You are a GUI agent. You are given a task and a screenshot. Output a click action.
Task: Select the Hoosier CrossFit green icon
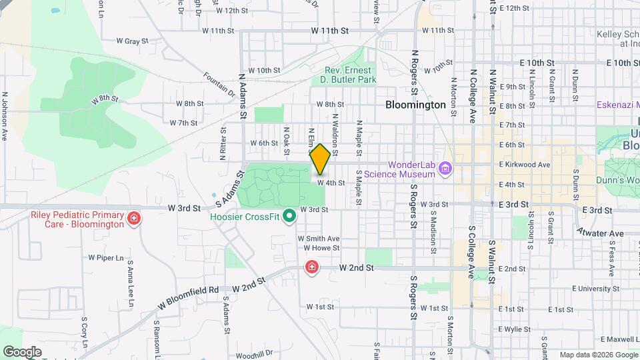289,216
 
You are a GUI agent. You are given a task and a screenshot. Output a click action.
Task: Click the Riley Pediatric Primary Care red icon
134,218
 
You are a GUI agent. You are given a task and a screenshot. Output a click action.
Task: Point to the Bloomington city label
415,105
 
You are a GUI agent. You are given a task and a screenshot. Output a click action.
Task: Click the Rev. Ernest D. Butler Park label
351,75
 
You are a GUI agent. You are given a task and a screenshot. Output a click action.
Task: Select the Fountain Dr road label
221,84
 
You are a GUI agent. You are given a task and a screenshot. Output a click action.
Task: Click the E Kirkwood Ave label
524,164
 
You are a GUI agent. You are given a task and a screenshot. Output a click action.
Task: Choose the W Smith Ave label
318,238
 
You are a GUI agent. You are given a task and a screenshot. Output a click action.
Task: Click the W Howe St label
317,248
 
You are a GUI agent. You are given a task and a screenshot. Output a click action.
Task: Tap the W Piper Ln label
106,257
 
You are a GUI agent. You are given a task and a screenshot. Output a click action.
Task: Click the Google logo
22,351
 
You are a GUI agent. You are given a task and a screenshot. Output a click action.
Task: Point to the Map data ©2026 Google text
598,355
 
